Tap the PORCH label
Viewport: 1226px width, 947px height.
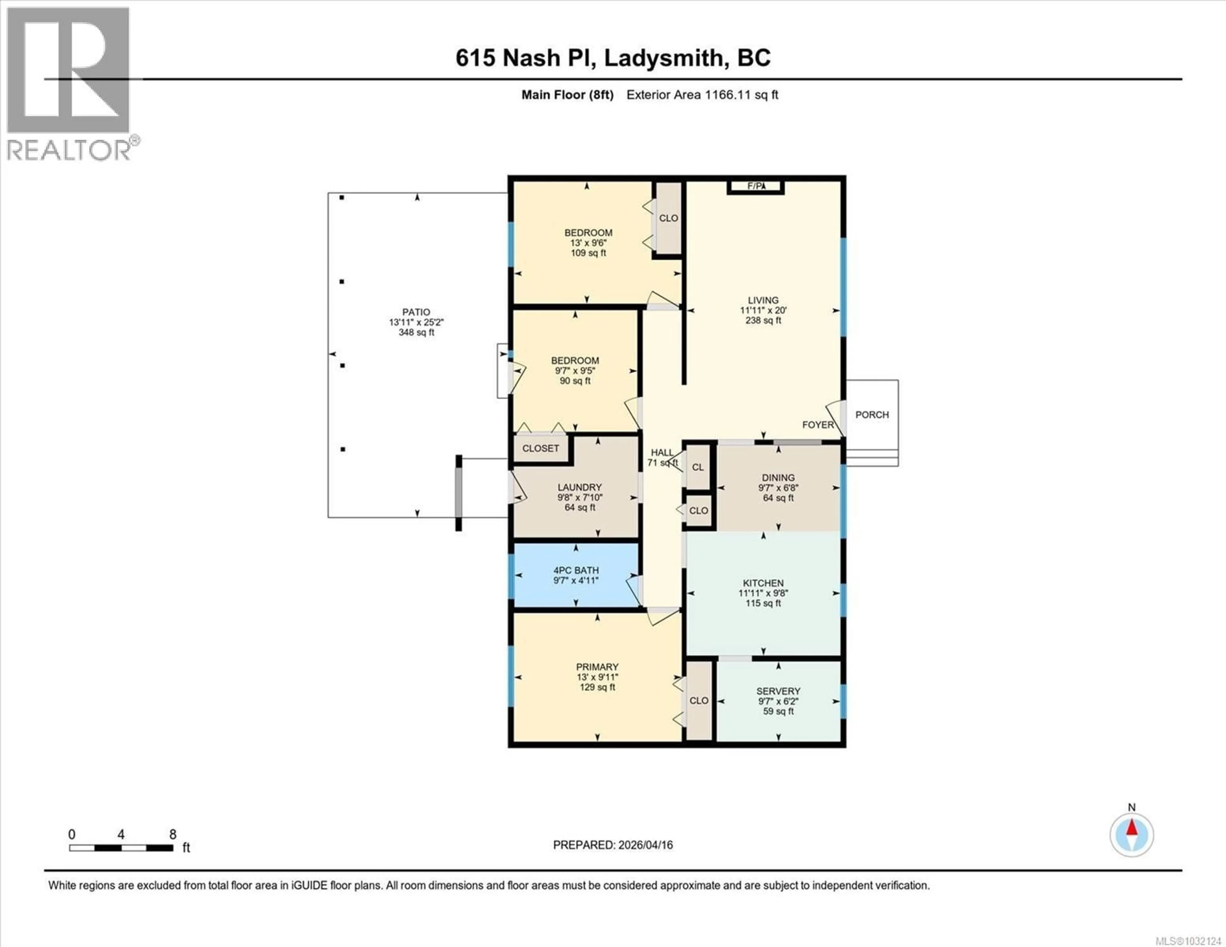(872, 415)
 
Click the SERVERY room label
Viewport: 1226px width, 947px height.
(778, 691)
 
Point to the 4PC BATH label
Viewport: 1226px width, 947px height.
(576, 570)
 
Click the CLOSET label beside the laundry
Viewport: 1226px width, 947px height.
(541, 448)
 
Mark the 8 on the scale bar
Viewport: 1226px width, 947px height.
(173, 835)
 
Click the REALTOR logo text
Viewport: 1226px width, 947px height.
(69, 150)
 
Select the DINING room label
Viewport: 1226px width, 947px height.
(778, 478)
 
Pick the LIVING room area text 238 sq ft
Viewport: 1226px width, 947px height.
(763, 320)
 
